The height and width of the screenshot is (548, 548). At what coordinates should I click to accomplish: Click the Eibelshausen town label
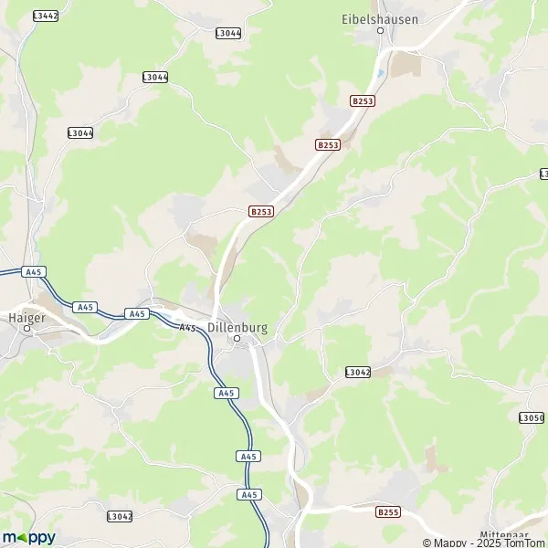tap(378, 17)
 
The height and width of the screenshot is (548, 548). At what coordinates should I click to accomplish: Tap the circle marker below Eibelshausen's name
tap(381, 30)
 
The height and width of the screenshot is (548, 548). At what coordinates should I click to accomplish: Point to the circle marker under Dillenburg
tap(237, 339)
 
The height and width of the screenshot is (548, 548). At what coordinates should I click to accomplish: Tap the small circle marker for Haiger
tap(27, 326)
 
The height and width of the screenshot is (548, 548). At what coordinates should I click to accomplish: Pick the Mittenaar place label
tap(503, 534)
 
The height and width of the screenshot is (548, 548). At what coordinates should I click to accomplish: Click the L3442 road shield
tap(45, 16)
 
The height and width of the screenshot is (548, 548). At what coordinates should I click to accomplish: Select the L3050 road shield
tap(532, 417)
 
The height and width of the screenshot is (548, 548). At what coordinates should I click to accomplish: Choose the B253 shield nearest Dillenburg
tap(261, 211)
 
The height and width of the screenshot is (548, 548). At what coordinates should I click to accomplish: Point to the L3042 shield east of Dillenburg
tap(358, 372)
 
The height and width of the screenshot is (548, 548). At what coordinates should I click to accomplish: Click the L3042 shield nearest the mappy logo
tap(120, 516)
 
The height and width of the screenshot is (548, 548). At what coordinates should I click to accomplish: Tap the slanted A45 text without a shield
tap(188, 327)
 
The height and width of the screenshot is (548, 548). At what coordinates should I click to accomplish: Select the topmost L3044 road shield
tap(228, 33)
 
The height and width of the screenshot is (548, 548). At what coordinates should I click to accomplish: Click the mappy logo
tap(28, 537)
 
